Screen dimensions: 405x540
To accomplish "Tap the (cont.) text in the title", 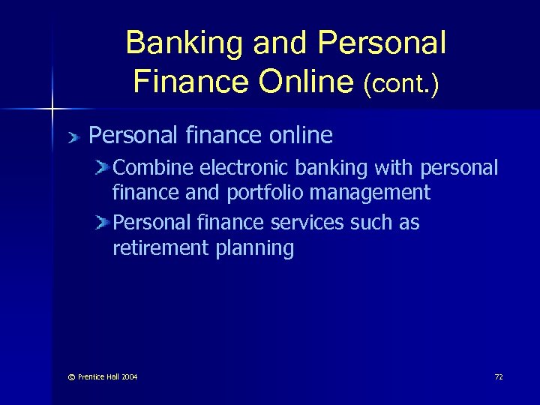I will click(401, 82).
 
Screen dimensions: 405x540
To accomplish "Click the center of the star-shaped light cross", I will click(52, 109).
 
